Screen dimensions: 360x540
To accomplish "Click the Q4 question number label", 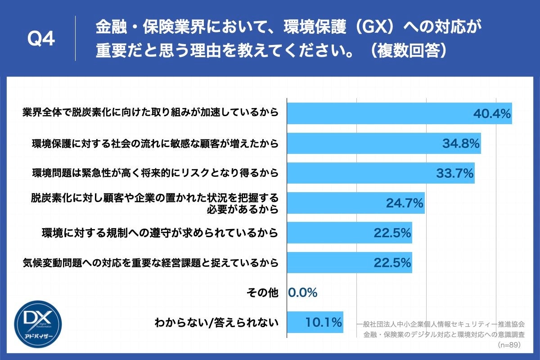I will click(41, 40).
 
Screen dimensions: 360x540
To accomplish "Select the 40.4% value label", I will click(492, 114).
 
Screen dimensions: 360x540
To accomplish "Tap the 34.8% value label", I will click(461, 144).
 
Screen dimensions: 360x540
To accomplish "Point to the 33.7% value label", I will click(454, 173).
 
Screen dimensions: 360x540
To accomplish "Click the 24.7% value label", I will click(405, 203).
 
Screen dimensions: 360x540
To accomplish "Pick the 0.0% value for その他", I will click(303, 293).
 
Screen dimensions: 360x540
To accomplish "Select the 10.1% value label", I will click(324, 323).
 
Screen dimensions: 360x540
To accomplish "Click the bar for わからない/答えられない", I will click(315, 323).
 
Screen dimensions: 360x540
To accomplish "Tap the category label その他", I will click(263, 293).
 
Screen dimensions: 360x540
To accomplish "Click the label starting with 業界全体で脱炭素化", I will click(150, 114).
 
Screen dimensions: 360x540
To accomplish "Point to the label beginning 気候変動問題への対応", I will click(150, 263).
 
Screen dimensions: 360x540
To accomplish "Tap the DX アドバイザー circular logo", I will click(38, 322).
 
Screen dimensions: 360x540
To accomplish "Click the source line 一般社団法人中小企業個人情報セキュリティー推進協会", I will click(443, 324).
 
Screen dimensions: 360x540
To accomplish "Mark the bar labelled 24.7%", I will click(355, 203).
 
